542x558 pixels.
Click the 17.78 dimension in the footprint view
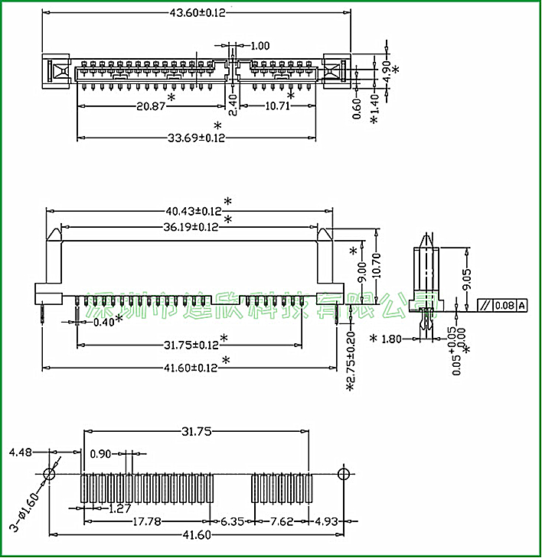point(146,522)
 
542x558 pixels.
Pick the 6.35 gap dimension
point(232,522)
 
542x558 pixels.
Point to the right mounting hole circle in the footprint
point(344,472)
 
